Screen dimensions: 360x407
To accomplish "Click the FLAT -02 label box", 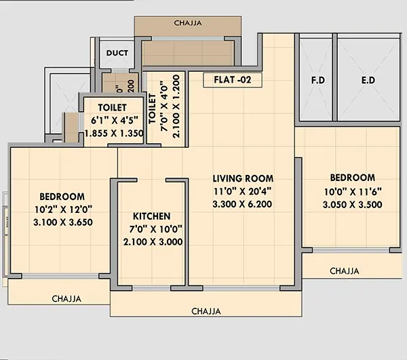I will pos(233,79).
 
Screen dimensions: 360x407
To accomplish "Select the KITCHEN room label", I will pos(151,216).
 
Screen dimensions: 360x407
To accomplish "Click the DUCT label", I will pos(117,52).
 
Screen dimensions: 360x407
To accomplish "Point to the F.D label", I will pos(317,80).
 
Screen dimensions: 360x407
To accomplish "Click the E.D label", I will pos(369,80).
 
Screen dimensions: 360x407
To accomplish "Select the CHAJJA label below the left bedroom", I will pos(66,298).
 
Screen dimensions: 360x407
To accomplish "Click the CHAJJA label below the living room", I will pos(206,311).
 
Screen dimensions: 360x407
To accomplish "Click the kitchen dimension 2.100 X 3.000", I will pos(151,241).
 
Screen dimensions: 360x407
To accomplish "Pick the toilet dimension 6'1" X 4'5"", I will pos(113,120).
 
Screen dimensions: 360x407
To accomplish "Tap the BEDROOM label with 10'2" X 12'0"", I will pos(62,196).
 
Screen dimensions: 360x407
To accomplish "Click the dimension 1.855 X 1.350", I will pos(113,134).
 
